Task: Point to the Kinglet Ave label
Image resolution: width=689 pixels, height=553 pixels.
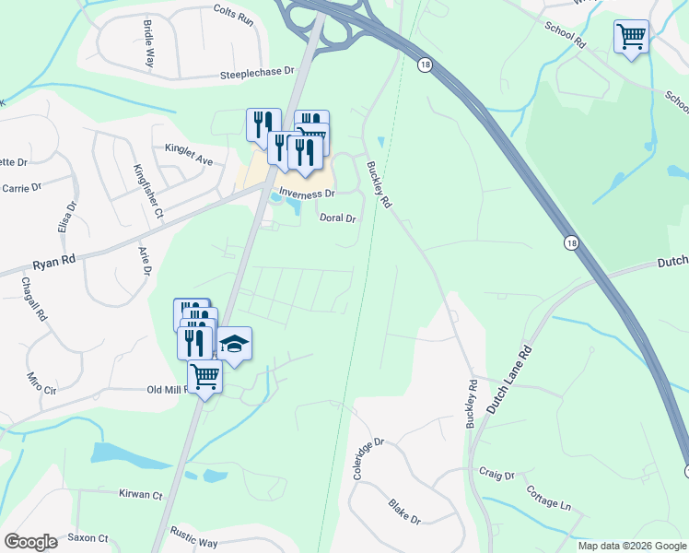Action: click(189, 154)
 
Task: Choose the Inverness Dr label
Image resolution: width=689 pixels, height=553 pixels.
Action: click(307, 194)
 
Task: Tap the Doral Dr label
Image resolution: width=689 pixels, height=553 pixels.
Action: click(337, 218)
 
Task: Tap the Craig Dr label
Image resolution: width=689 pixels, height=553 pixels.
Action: click(496, 475)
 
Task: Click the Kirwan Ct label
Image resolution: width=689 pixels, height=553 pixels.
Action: click(140, 495)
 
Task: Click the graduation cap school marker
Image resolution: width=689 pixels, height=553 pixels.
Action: click(234, 345)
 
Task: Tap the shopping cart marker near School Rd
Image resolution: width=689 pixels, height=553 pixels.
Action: click(631, 38)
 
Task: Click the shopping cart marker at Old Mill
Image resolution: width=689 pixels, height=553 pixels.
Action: click(204, 375)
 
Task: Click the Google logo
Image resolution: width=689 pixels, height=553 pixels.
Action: click(30, 542)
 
